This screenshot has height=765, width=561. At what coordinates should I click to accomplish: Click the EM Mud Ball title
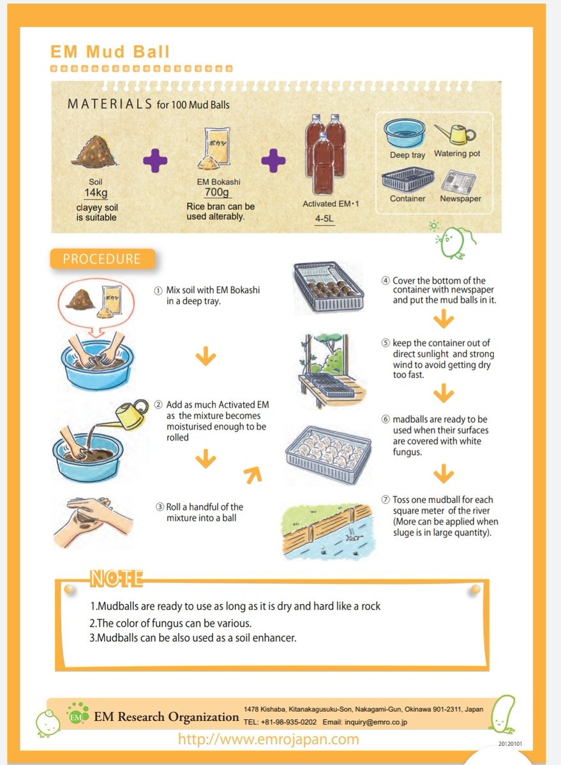(110, 52)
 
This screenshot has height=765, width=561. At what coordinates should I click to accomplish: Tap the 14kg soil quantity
(94, 193)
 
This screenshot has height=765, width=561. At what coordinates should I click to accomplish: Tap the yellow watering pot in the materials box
(455, 133)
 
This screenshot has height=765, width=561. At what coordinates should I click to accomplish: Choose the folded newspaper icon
(460, 180)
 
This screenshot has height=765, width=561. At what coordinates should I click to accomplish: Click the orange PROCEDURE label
(101, 259)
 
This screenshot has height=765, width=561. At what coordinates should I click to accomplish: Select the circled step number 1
(158, 290)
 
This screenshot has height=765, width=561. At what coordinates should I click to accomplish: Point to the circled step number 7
(385, 500)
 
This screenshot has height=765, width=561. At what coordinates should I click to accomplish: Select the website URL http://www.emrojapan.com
(268, 739)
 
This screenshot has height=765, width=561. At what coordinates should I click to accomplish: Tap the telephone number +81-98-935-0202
(288, 722)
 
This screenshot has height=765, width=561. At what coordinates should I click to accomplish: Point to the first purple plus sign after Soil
(155, 160)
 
